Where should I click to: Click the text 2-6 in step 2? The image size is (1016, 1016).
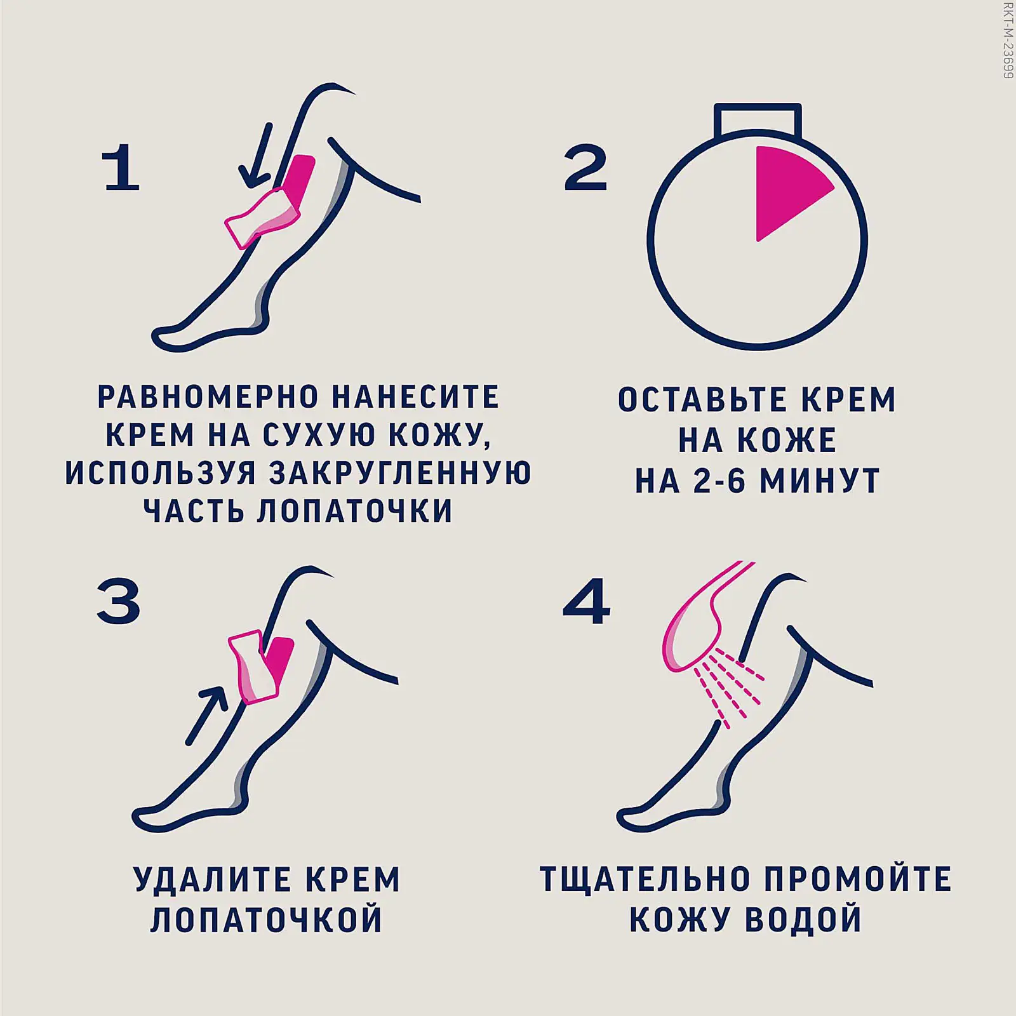coord(719,481)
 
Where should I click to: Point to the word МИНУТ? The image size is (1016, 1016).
coord(820,481)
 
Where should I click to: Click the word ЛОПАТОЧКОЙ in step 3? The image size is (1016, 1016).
coord(267,919)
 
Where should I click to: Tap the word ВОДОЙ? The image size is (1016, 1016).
coord(803,919)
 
